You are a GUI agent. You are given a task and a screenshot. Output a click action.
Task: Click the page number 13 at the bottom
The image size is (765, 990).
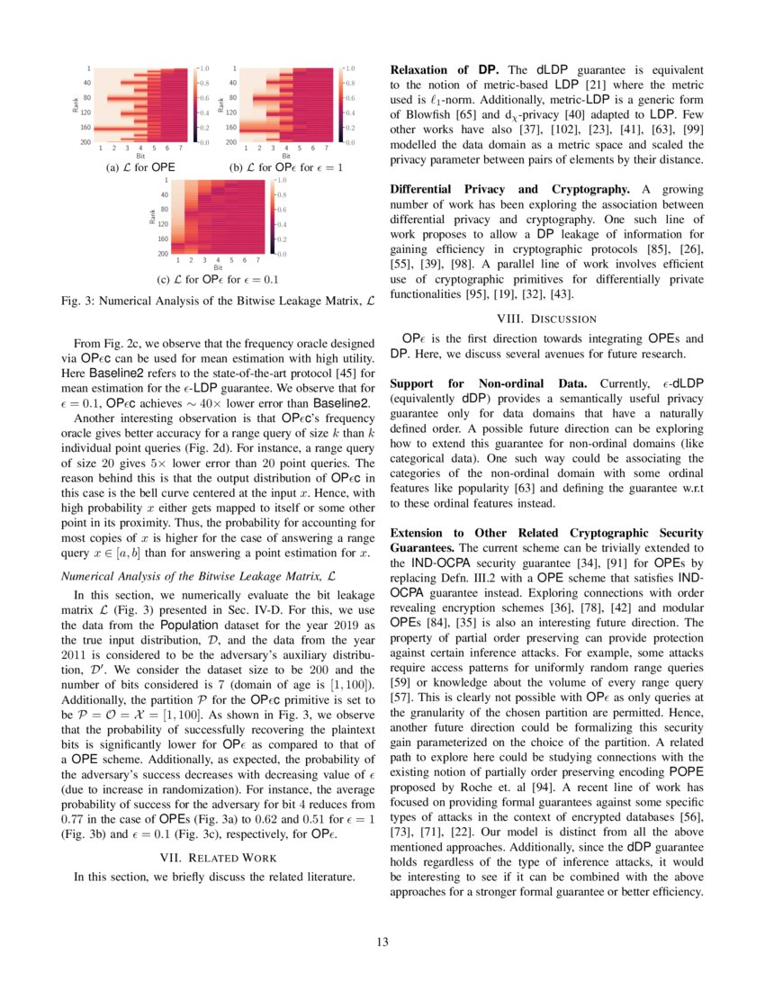pyautogui.click(x=382, y=942)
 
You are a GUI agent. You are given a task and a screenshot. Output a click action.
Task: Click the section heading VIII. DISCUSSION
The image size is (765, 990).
pyautogui.click(x=546, y=318)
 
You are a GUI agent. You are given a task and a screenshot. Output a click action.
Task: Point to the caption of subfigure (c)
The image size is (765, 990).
pyautogui.click(x=217, y=279)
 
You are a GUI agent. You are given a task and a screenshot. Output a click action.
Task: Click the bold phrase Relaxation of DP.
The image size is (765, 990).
pyautogui.click(x=444, y=69)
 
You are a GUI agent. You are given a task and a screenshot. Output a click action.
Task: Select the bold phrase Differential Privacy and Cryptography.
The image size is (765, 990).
pyautogui.click(x=508, y=189)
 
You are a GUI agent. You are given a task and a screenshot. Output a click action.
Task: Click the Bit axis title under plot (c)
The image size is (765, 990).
pyautogui.click(x=217, y=267)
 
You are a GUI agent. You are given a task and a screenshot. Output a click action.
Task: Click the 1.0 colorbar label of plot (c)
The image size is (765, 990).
pyautogui.click(x=281, y=180)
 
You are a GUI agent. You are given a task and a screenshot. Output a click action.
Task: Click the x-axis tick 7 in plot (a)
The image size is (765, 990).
pyautogui.click(x=181, y=148)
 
